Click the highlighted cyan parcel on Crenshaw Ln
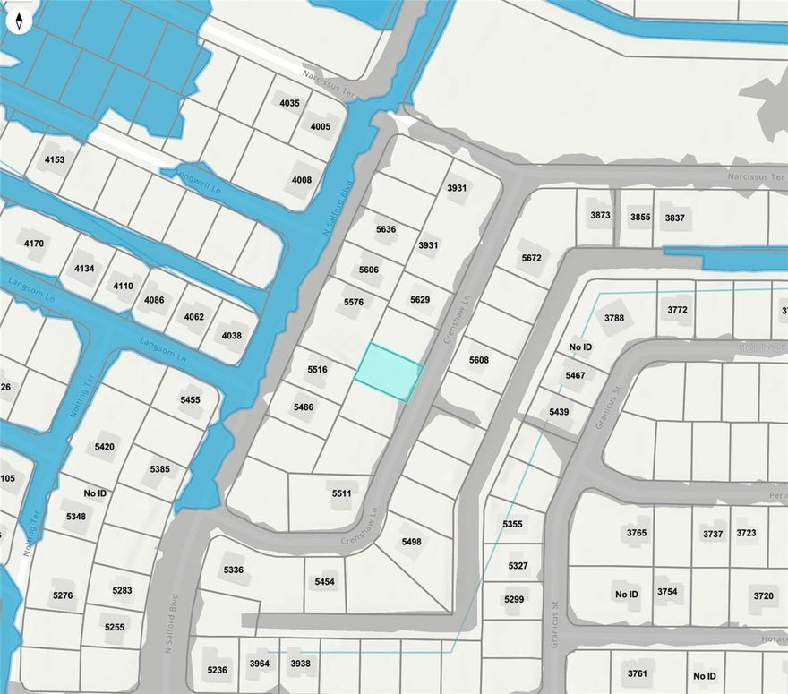(389, 372)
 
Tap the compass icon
(19, 21)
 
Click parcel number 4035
(289, 103)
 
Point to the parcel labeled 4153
(55, 159)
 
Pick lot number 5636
(386, 229)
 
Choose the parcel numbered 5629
(420, 299)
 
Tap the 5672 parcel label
(531, 258)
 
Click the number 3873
(600, 216)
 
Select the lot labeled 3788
(614, 318)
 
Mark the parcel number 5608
(479, 360)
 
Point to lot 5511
(341, 493)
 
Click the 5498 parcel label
(411, 542)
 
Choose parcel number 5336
(233, 570)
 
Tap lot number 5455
(190, 399)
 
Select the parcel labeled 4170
(34, 243)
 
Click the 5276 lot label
(62, 595)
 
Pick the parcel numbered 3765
(637, 533)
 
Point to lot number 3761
(638, 673)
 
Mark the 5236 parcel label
(217, 670)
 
